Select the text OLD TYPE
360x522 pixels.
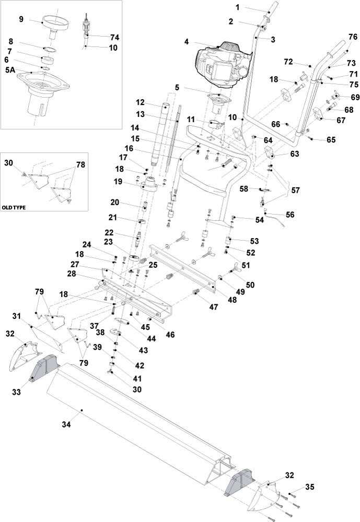click(14, 207)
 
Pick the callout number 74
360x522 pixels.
click(114, 37)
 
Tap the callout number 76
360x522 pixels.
click(353, 37)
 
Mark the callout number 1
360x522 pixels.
click(237, 7)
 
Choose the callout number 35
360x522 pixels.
click(310, 487)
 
